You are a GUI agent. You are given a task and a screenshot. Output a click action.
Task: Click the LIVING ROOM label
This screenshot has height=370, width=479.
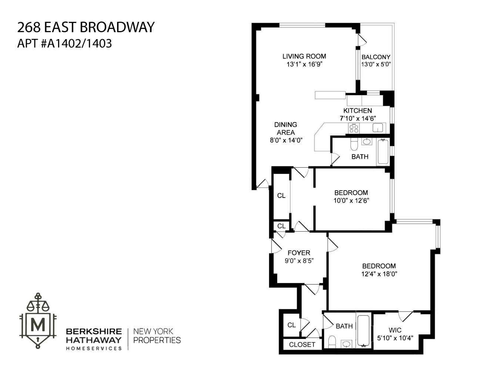click(304, 56)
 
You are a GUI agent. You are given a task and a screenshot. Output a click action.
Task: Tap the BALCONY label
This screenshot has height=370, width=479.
click(376, 57)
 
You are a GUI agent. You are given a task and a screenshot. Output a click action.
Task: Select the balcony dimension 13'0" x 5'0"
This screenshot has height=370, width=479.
click(376, 64)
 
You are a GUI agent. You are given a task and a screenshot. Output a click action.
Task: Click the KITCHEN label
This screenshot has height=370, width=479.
click(358, 111)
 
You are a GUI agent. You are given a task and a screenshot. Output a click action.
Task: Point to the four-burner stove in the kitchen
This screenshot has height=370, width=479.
click(354, 128)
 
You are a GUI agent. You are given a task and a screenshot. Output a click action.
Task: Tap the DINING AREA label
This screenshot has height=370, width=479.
click(286, 128)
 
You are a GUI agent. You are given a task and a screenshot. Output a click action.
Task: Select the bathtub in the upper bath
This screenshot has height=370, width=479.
click(383, 152)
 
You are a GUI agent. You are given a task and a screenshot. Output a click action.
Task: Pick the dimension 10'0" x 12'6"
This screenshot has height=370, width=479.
click(351, 201)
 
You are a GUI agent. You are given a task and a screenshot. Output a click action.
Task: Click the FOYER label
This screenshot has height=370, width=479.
click(299, 253)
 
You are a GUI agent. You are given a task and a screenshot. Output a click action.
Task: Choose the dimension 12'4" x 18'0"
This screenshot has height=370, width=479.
click(379, 274)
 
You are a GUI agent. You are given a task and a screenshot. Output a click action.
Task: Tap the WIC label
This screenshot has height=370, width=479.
click(395, 330)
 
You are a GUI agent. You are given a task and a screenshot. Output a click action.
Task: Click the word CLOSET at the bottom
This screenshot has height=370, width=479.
click(302, 344)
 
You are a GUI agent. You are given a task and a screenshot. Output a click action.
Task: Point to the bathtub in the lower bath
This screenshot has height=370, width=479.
click(364, 330)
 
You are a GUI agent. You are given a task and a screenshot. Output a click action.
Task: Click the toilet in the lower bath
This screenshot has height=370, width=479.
click(332, 341)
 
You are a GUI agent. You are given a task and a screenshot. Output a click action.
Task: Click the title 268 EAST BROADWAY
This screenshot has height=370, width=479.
click(86, 27)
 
